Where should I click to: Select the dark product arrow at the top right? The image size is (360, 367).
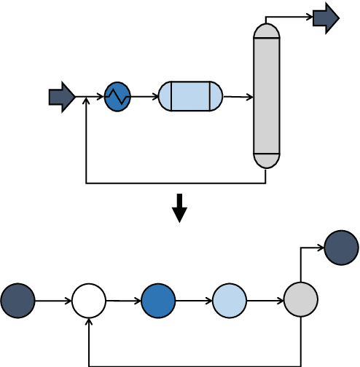click(x=326, y=18)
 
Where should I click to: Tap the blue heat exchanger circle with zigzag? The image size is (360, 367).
click(x=117, y=97)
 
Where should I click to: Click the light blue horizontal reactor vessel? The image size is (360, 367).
click(x=190, y=96)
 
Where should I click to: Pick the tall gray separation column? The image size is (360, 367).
click(x=267, y=95)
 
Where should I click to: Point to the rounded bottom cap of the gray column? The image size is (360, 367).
click(x=267, y=161)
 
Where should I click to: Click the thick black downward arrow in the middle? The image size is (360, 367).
click(x=179, y=208)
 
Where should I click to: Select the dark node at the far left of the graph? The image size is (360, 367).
click(x=17, y=301)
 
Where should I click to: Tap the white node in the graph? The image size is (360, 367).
click(x=89, y=301)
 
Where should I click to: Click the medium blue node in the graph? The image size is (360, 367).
click(x=158, y=301)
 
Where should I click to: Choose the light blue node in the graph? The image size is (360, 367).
click(x=230, y=301)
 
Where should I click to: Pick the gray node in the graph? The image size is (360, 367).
click(x=300, y=300)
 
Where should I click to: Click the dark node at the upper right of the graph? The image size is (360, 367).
click(x=341, y=248)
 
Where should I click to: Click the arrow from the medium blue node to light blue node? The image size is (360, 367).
click(x=194, y=301)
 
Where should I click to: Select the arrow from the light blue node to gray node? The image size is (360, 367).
click(x=265, y=301)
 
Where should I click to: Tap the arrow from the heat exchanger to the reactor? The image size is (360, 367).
click(x=144, y=97)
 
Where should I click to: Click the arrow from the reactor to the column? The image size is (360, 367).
click(x=238, y=97)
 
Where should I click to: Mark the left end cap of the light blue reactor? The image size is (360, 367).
click(x=165, y=96)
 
